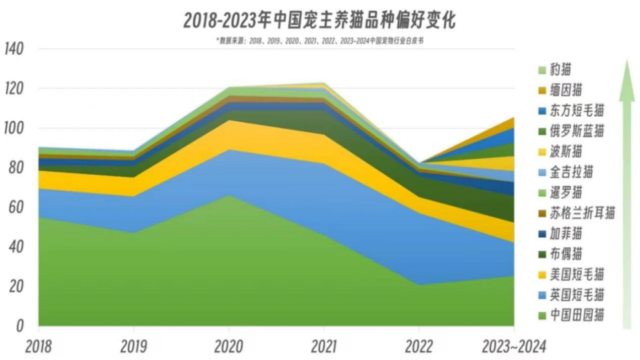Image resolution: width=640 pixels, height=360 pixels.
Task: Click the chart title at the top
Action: (319, 21)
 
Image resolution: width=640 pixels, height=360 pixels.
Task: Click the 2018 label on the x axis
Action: (38, 345)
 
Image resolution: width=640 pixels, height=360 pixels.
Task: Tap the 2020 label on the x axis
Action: (229, 345)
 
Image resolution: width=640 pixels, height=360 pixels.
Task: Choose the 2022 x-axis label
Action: (419, 345)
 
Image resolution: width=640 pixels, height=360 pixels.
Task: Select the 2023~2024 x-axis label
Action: (514, 345)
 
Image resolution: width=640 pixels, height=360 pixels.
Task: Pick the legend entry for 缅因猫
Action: (566, 89)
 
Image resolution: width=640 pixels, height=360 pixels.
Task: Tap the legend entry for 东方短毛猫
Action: (577, 110)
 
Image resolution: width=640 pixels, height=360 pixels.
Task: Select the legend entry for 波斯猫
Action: (566, 151)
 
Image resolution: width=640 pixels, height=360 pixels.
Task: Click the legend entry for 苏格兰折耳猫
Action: (582, 213)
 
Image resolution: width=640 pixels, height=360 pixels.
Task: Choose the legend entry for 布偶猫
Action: (566, 253)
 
